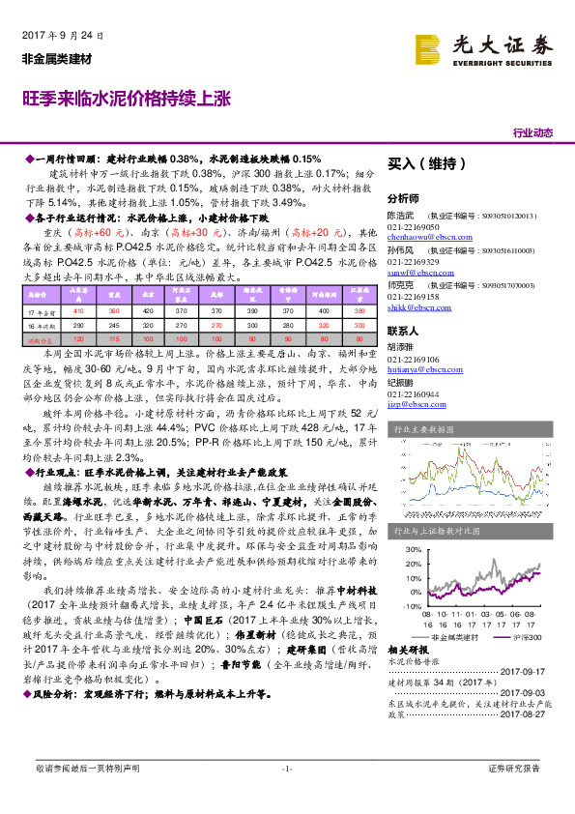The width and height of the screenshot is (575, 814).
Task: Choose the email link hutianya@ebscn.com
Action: (419, 368)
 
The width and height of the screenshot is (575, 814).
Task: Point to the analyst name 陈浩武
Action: (401, 216)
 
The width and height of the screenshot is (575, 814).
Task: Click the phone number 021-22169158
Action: (413, 299)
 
